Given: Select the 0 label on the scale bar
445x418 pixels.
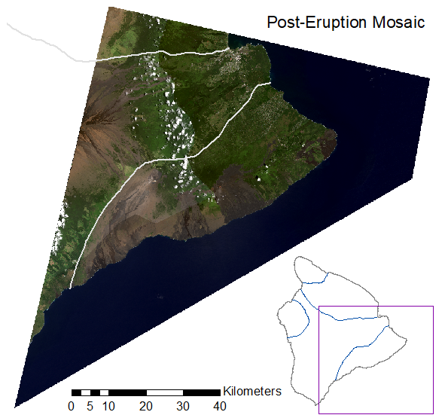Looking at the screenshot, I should [71, 406].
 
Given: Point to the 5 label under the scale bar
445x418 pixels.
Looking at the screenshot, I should [90, 406].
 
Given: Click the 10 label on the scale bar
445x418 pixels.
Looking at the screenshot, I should [108, 406].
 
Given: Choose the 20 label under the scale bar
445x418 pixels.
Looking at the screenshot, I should [146, 406].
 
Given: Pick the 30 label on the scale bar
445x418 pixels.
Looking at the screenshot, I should [183, 406].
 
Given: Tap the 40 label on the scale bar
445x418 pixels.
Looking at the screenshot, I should [220, 406].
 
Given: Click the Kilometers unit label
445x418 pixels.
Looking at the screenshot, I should [252, 391].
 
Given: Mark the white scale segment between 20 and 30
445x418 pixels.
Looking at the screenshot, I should [165, 392].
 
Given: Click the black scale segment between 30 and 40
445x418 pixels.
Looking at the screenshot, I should [202, 392].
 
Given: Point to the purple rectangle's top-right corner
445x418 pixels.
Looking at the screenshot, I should [434, 307].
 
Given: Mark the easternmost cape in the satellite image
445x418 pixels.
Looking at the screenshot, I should [335, 136].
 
